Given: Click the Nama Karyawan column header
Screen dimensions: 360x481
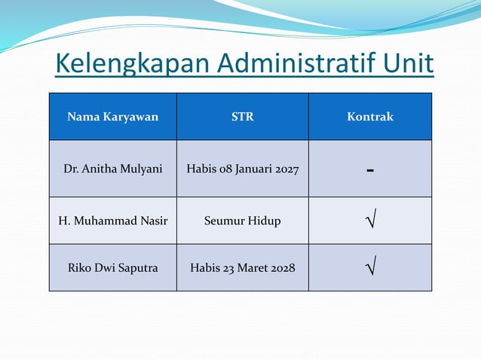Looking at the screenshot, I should click(112, 117).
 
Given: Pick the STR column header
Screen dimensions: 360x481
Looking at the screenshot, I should click(242, 117).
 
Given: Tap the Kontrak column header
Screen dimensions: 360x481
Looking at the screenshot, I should click(370, 117).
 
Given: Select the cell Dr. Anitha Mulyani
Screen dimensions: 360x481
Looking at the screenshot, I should click(112, 169).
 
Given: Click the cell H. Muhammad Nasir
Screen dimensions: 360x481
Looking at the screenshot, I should click(112, 221).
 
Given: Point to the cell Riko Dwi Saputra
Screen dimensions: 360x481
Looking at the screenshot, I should click(112, 267).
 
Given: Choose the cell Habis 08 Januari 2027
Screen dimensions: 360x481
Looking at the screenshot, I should click(242, 169).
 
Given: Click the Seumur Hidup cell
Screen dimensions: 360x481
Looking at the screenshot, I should click(242, 221).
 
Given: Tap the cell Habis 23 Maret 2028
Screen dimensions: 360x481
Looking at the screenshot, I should click(242, 267).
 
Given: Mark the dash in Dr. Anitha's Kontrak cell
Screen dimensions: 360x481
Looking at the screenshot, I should click(370, 170).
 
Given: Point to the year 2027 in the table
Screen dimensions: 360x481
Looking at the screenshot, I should click(286, 169).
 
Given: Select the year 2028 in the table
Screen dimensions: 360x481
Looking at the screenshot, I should click(282, 267).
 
